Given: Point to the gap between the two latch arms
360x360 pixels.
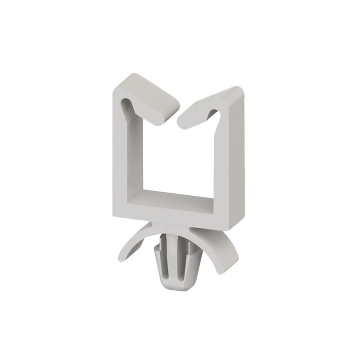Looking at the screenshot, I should click(x=176, y=118).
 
